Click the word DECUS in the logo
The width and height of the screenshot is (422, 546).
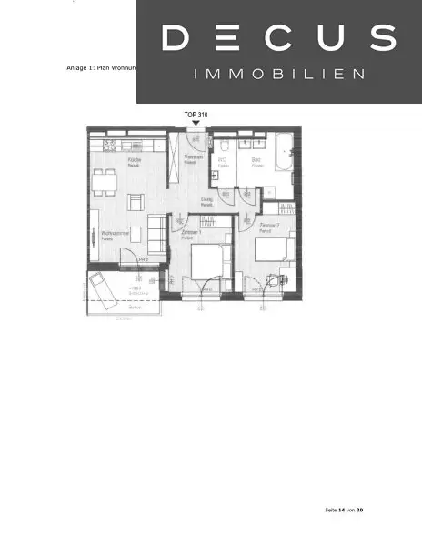click(x=279, y=38)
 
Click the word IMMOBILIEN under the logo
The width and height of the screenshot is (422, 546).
click(x=279, y=73)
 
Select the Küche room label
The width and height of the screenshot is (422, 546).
click(x=134, y=160)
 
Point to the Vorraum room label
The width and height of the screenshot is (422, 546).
click(x=193, y=158)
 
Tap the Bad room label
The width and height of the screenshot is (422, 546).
click(x=256, y=162)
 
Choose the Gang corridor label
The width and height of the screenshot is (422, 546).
click(x=207, y=200)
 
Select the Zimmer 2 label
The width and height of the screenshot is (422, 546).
click(x=267, y=224)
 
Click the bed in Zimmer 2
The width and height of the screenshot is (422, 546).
click(x=273, y=253)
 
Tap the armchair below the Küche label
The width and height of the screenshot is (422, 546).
click(x=135, y=201)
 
